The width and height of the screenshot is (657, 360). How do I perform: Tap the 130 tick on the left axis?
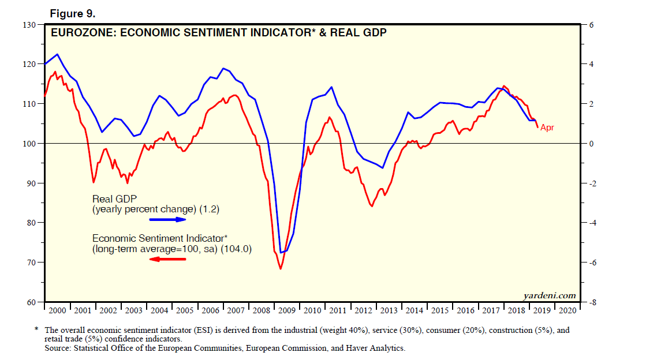click(x=28, y=25)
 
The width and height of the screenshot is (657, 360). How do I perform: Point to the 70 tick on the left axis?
click(x=29, y=262)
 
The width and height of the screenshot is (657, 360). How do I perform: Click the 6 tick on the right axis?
click(x=590, y=25)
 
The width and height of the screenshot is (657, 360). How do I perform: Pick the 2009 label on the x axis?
click(x=287, y=311)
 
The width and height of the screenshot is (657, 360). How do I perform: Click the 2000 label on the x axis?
click(x=58, y=311)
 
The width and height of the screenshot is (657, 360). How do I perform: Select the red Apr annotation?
click(x=547, y=127)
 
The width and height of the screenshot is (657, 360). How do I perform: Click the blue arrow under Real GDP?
click(x=168, y=220)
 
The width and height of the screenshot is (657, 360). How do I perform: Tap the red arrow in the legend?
click(x=168, y=259)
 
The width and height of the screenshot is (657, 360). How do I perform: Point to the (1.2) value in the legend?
click(x=210, y=210)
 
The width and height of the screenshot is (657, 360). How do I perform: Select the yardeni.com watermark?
click(x=549, y=295)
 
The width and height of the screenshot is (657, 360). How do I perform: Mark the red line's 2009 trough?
click(x=281, y=269)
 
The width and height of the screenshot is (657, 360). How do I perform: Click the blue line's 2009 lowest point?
click(x=281, y=253)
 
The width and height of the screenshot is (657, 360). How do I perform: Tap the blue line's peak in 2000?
click(x=57, y=54)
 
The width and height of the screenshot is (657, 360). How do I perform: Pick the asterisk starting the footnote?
click(x=36, y=329)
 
